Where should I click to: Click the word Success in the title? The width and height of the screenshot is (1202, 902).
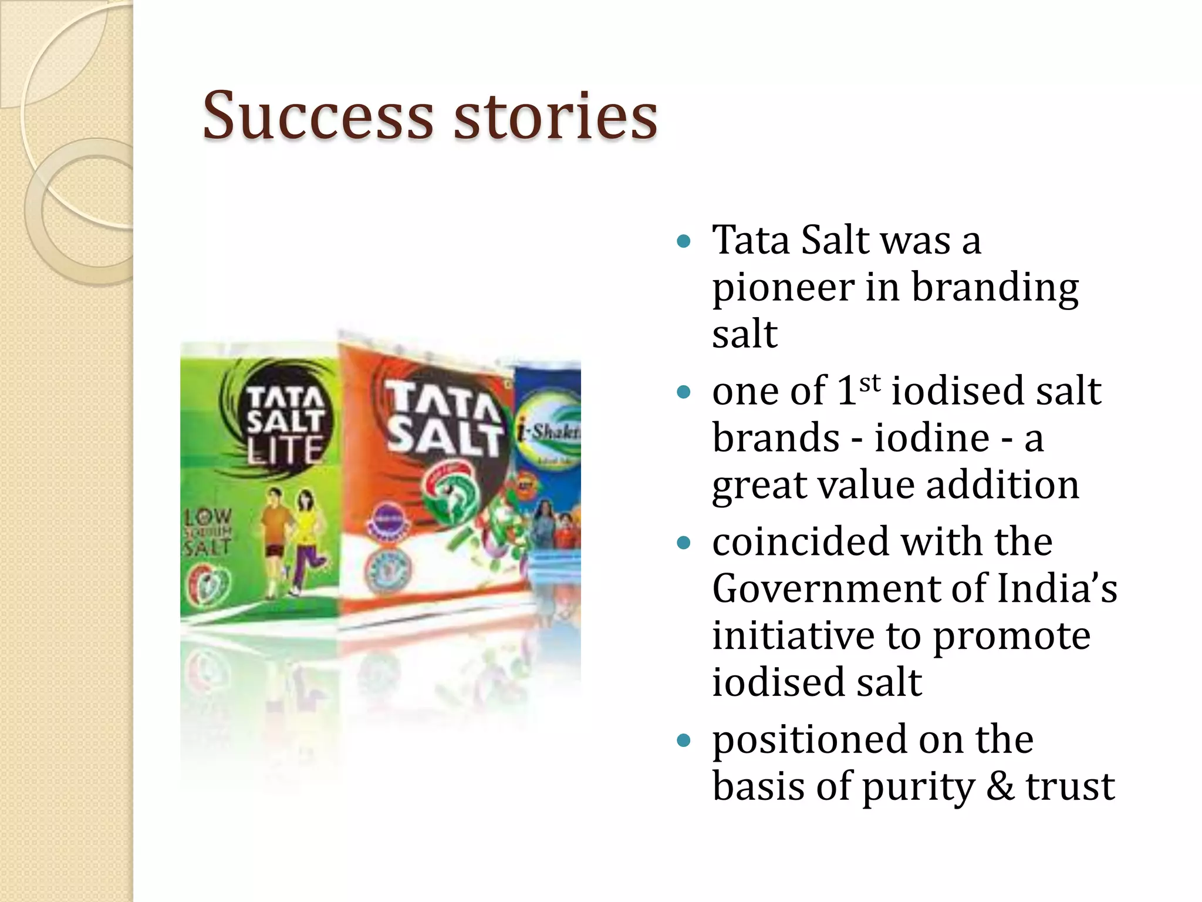pyautogui.click(x=318, y=116)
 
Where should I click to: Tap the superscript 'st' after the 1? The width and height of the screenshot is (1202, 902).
pyautogui.click(x=870, y=383)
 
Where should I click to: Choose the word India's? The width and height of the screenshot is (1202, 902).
pyautogui.click(x=1056, y=588)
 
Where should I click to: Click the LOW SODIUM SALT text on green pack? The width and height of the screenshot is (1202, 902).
pyautogui.click(x=208, y=531)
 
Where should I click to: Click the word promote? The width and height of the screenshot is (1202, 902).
pyautogui.click(x=1011, y=637)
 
